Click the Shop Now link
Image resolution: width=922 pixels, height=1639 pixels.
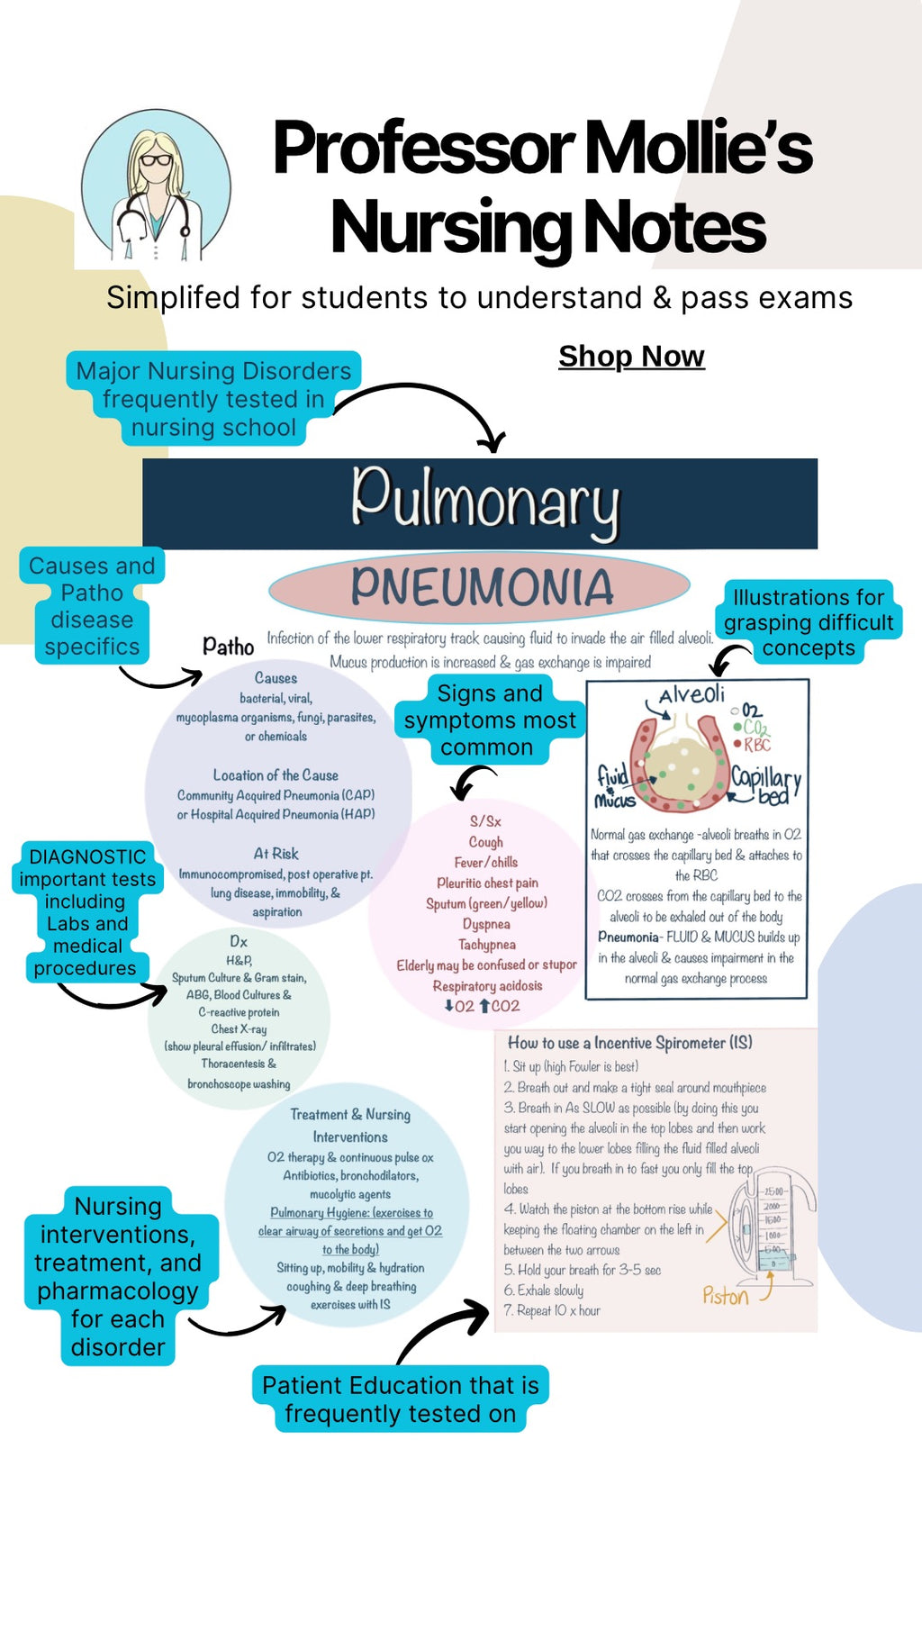point(631,357)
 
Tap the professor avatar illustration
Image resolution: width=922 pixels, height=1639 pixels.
point(156,187)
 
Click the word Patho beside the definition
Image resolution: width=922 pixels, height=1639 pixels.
point(229,647)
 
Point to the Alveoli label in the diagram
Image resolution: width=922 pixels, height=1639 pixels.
point(691,694)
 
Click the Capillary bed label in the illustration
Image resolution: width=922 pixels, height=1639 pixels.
point(766,784)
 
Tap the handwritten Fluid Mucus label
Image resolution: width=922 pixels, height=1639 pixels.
point(615,786)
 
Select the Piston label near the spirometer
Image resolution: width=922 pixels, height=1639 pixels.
point(726,1297)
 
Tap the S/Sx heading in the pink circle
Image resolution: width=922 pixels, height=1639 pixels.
point(485,821)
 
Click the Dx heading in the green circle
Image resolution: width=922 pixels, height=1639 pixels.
point(239,941)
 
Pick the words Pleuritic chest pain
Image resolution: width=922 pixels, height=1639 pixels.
point(487,883)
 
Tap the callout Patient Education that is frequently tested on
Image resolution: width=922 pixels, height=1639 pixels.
point(401,1399)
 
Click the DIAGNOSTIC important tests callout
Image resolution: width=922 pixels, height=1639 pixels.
point(87,911)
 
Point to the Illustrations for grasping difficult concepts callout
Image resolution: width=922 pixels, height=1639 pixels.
point(809,622)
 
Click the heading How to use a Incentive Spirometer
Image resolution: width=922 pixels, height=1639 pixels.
point(629,1043)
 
